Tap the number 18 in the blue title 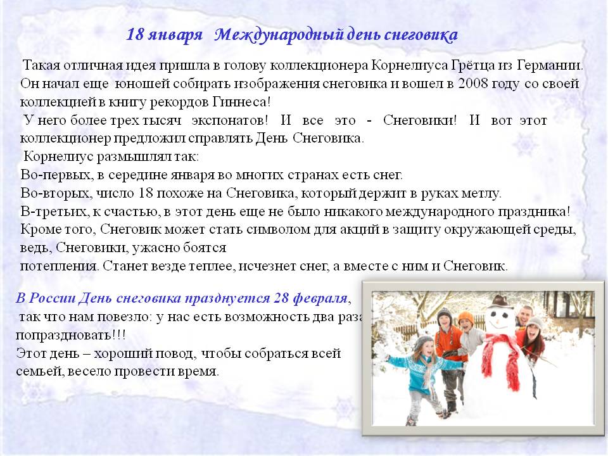tap(135, 34)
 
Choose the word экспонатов tap(229, 120)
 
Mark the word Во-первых tap(57, 175)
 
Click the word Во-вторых tap(56, 193)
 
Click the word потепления tap(60, 267)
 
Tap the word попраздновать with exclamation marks tap(70, 335)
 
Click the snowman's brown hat tap(501, 301)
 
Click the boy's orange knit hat tap(466, 319)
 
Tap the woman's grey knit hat tap(535, 322)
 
